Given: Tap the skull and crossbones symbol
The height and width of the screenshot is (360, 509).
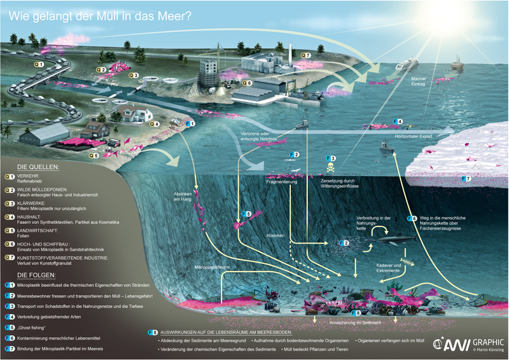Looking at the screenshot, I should (x=331, y=169).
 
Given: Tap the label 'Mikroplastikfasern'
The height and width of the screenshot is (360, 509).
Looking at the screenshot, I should (x=213, y=268).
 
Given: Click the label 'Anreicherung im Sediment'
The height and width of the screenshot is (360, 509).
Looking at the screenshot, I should (x=356, y=323).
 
